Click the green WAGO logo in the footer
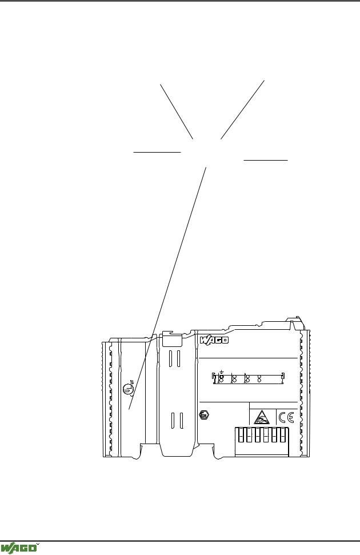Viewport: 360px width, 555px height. pos(18,548)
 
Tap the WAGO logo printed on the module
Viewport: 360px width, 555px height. pos(214,340)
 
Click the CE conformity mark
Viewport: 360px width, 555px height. pos(286,418)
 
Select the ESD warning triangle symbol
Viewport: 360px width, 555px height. pos(262,418)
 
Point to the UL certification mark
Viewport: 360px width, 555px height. pos(129,388)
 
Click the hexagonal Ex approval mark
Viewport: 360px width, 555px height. pos(204,415)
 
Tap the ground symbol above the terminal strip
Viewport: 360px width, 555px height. pos(221,372)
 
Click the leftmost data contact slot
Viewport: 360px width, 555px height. pos(241,434)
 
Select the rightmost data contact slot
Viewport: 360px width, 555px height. pos(282,434)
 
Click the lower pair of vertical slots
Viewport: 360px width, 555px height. pos(177,421)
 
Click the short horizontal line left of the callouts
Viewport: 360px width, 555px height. pos(157,152)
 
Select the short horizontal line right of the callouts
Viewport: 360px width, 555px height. pos(266,161)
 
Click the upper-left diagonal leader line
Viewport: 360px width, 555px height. pos(177,112)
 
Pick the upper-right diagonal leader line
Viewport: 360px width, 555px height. pos(242,110)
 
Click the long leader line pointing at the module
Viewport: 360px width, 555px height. pos(167,289)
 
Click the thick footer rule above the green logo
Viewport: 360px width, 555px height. pos(180,541)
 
